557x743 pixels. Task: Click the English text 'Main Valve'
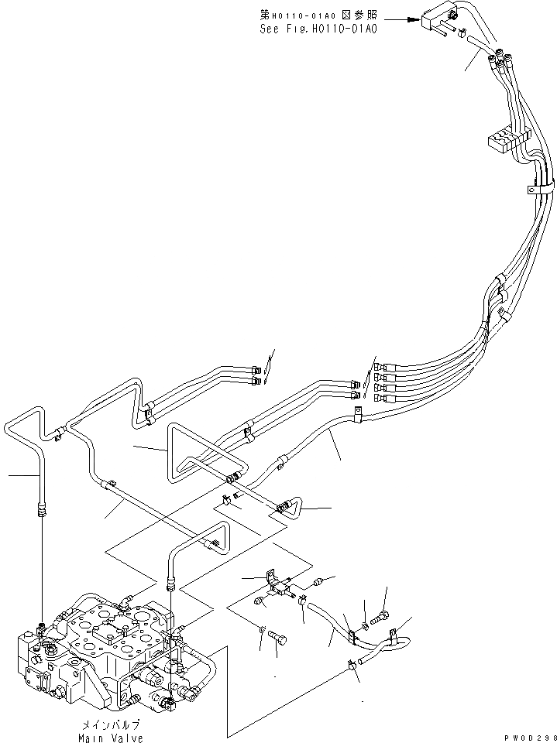click(x=111, y=738)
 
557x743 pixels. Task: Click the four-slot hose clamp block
click(x=504, y=141)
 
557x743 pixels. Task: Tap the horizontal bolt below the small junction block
click(x=280, y=636)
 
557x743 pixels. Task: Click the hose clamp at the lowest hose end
click(x=354, y=663)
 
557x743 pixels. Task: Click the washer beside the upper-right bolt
click(x=366, y=619)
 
